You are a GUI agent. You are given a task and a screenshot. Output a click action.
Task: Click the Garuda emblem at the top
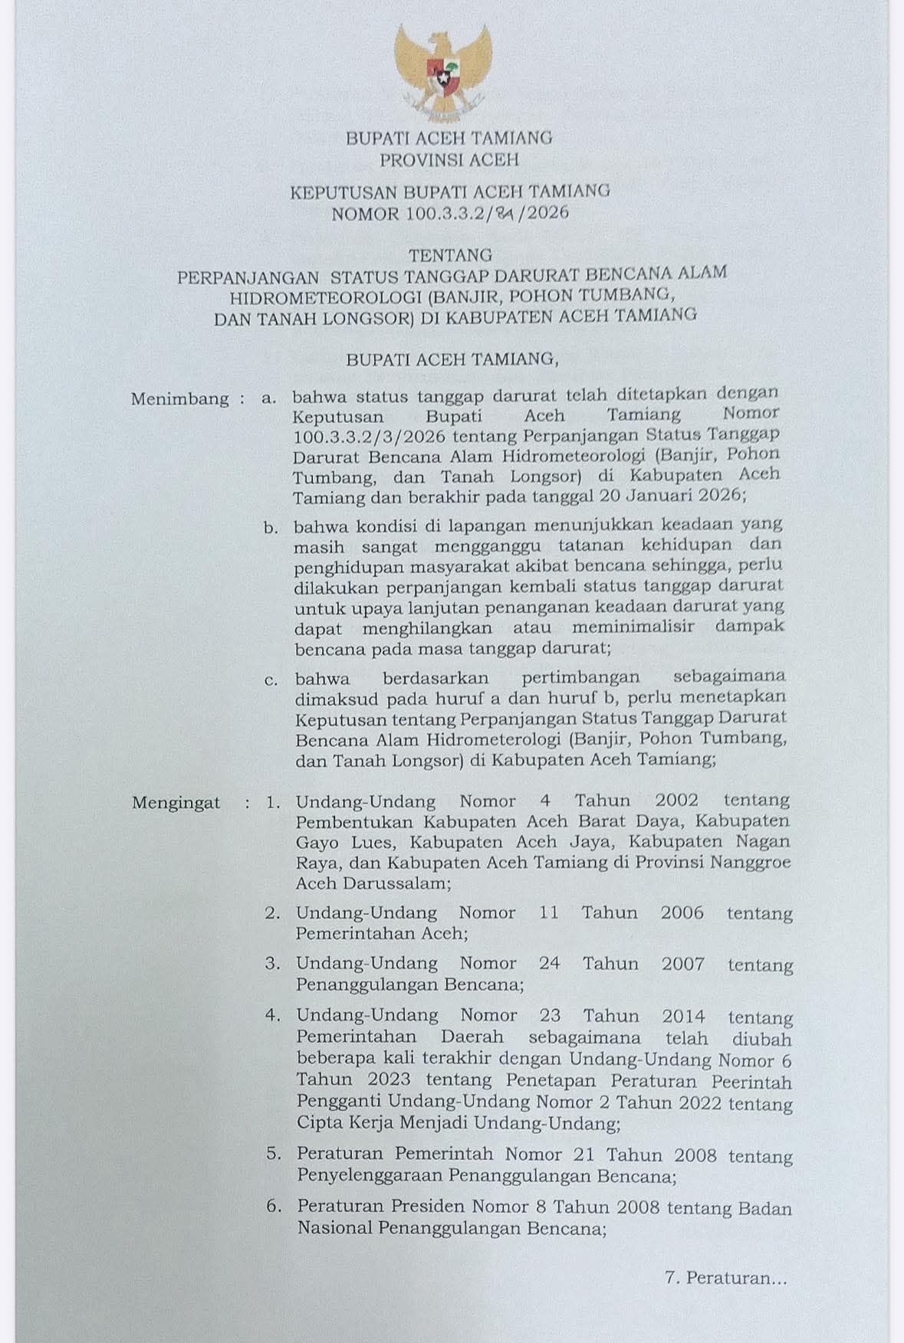click(x=443, y=74)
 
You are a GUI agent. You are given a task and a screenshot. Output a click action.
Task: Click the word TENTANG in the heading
click(x=451, y=254)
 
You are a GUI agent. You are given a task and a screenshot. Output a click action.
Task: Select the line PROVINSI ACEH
click(x=450, y=160)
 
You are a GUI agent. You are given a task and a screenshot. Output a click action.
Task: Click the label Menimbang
click(x=179, y=398)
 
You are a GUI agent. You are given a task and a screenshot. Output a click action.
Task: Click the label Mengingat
click(x=176, y=803)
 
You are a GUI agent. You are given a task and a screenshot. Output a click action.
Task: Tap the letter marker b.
click(x=270, y=528)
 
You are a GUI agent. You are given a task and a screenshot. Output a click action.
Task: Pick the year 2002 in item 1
click(x=677, y=801)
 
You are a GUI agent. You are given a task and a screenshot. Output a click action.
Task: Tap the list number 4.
click(x=272, y=1015)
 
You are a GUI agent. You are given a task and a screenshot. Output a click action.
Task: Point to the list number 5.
click(x=273, y=1154)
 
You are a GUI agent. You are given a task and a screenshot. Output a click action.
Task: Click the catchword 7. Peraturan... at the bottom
click(x=726, y=1278)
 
